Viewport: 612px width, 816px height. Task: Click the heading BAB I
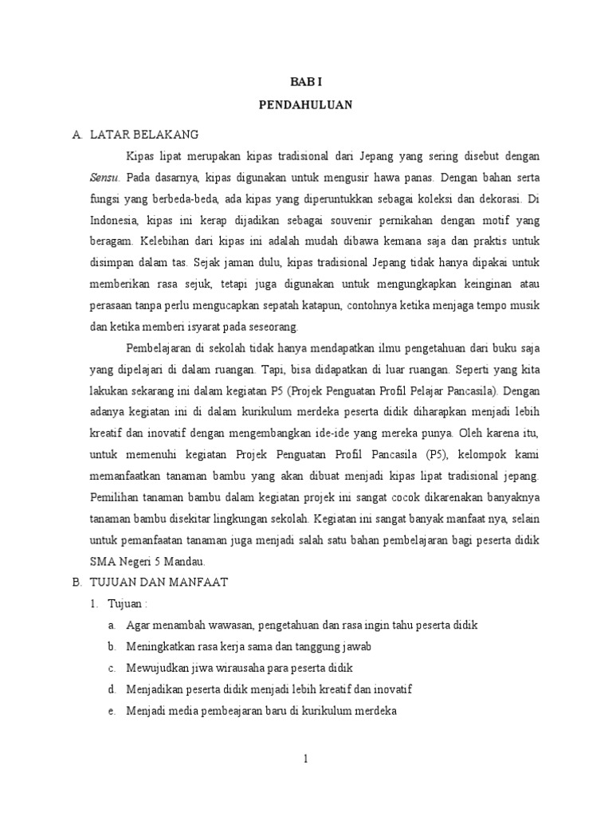pos(306,81)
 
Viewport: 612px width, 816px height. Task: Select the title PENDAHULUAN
pos(306,105)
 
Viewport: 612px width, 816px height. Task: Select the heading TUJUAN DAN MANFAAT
pos(159,583)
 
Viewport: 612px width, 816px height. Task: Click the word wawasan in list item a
pos(208,625)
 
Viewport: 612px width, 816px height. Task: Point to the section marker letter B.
pos(76,583)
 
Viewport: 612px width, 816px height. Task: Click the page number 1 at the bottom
pos(305,759)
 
